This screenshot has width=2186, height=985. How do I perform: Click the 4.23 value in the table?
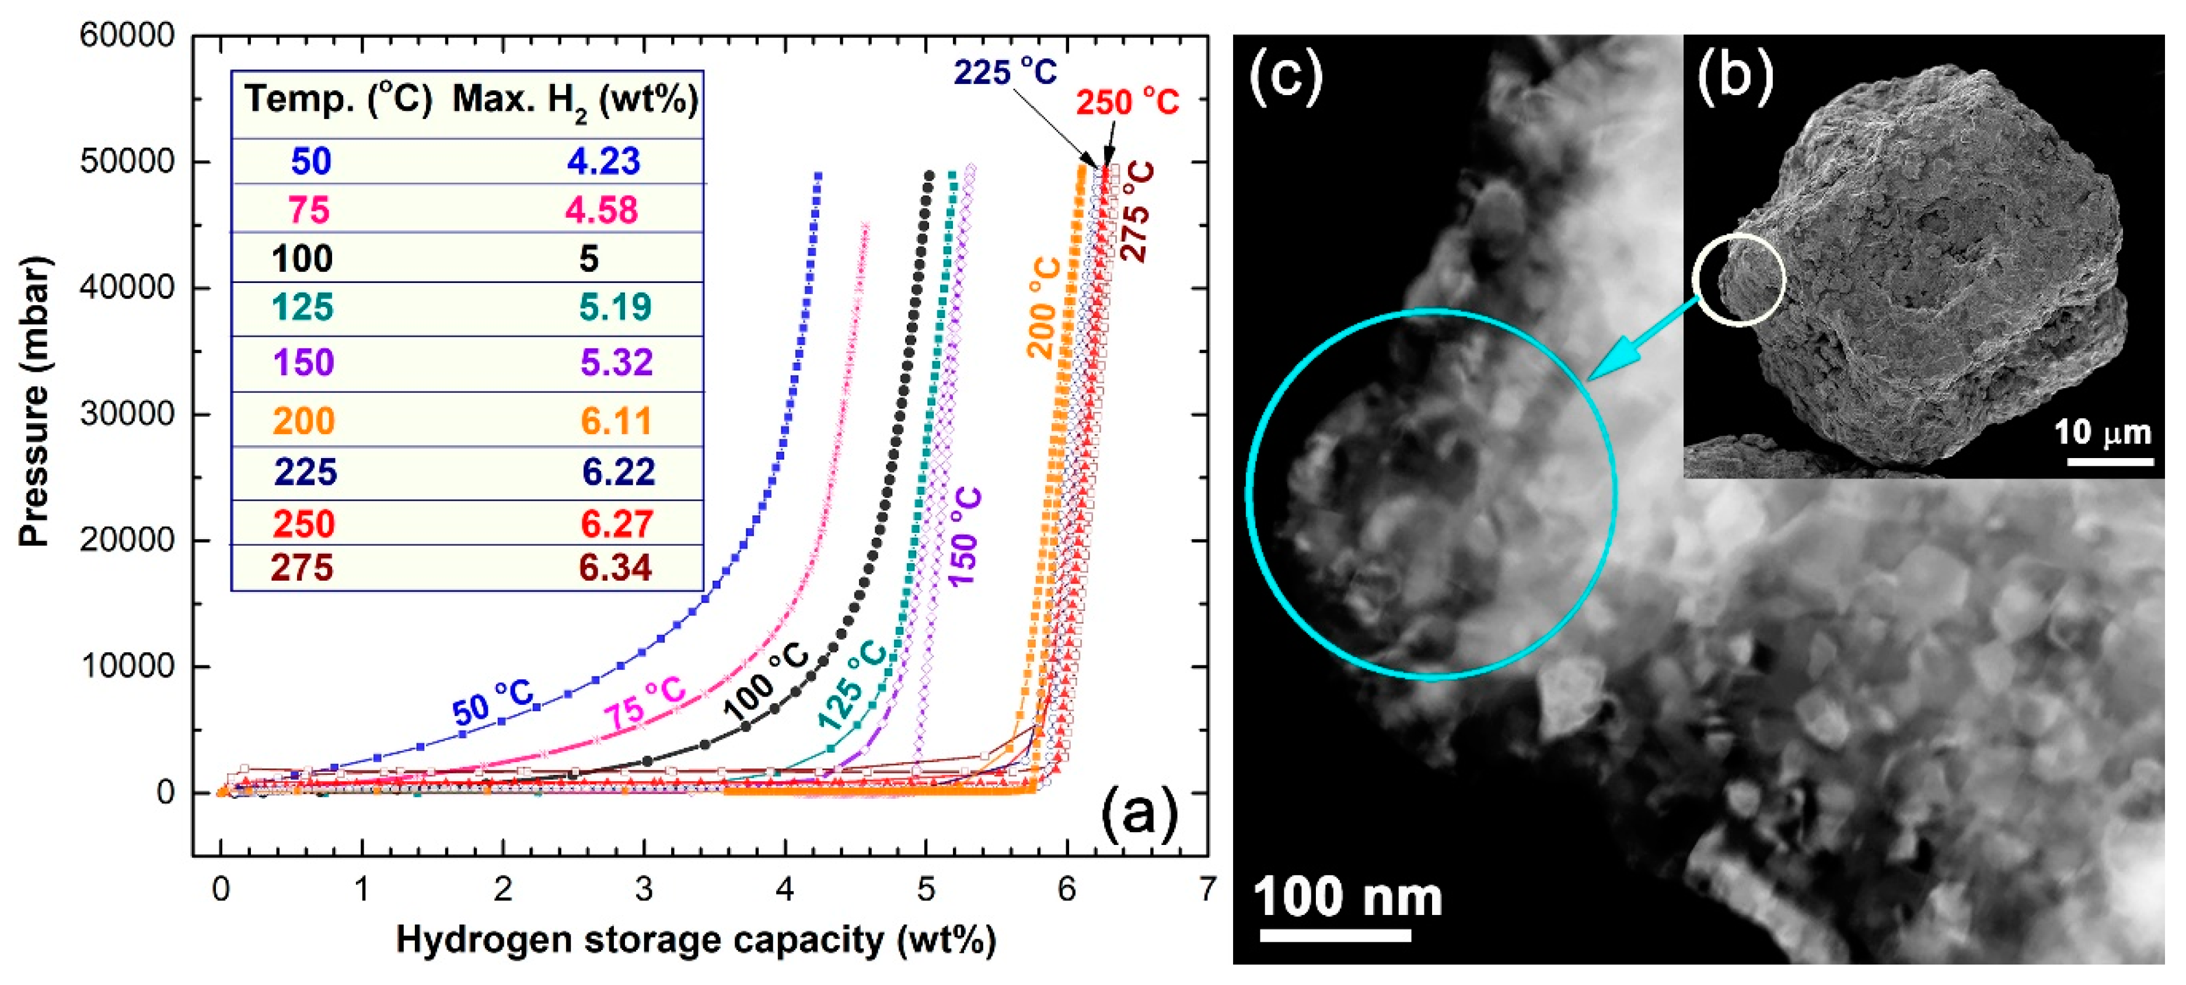point(603,161)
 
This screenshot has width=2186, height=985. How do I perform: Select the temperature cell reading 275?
point(302,568)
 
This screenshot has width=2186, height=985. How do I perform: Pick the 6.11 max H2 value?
point(616,421)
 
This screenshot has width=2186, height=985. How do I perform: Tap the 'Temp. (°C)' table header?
point(338,100)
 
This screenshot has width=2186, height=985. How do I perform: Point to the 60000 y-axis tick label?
point(127,36)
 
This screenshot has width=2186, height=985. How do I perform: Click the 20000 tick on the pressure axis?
point(127,540)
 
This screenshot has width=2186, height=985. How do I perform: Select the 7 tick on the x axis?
point(1207,889)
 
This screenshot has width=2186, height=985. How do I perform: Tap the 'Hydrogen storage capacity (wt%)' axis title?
point(696,940)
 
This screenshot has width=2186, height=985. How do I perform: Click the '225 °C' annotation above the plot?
point(1005,73)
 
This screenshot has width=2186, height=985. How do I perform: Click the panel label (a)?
point(1139,812)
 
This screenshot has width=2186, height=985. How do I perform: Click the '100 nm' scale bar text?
point(1347,897)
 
